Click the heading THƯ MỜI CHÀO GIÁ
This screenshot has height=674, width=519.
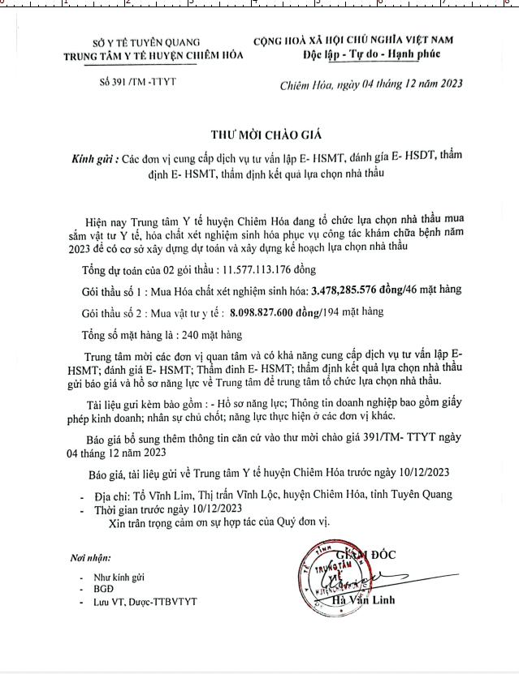tap(260, 135)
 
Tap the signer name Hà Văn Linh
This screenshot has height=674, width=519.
tap(365, 601)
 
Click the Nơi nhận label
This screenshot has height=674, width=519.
tap(89, 559)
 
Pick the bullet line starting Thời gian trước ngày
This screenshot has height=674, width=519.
tap(162, 510)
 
